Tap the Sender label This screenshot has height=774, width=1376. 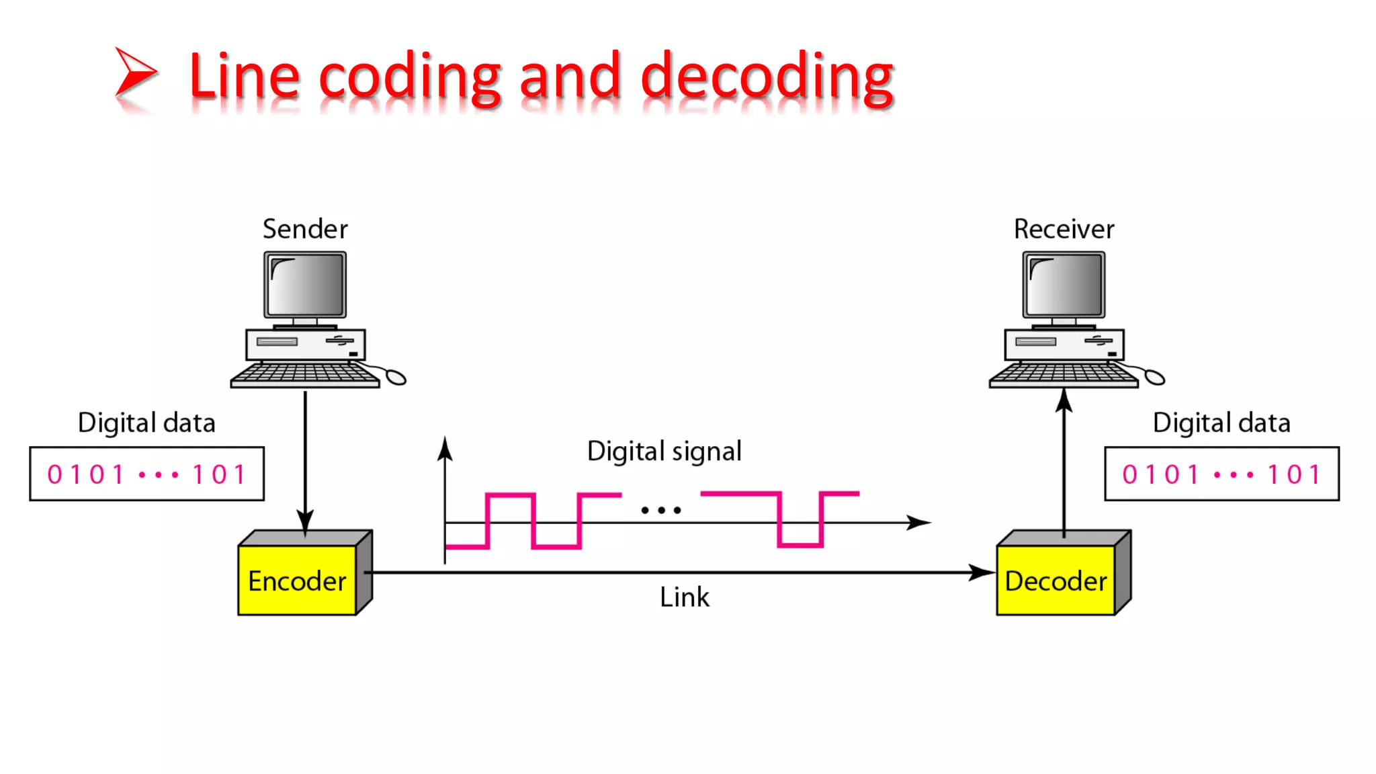click(305, 229)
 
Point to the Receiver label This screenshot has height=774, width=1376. click(1064, 229)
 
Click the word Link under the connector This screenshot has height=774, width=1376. click(684, 597)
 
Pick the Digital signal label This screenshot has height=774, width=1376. click(664, 451)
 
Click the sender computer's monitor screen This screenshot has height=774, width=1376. click(306, 284)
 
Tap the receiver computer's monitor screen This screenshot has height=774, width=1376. click(1064, 284)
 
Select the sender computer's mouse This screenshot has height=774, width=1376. click(396, 378)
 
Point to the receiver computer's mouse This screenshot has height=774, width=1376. click(1154, 378)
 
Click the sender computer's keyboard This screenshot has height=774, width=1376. click(305, 374)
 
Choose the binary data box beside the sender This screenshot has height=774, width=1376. click(146, 474)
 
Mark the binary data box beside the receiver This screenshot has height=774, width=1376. click(1221, 474)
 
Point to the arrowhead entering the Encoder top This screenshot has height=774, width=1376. click(305, 521)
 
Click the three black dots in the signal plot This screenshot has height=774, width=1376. click(661, 511)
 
